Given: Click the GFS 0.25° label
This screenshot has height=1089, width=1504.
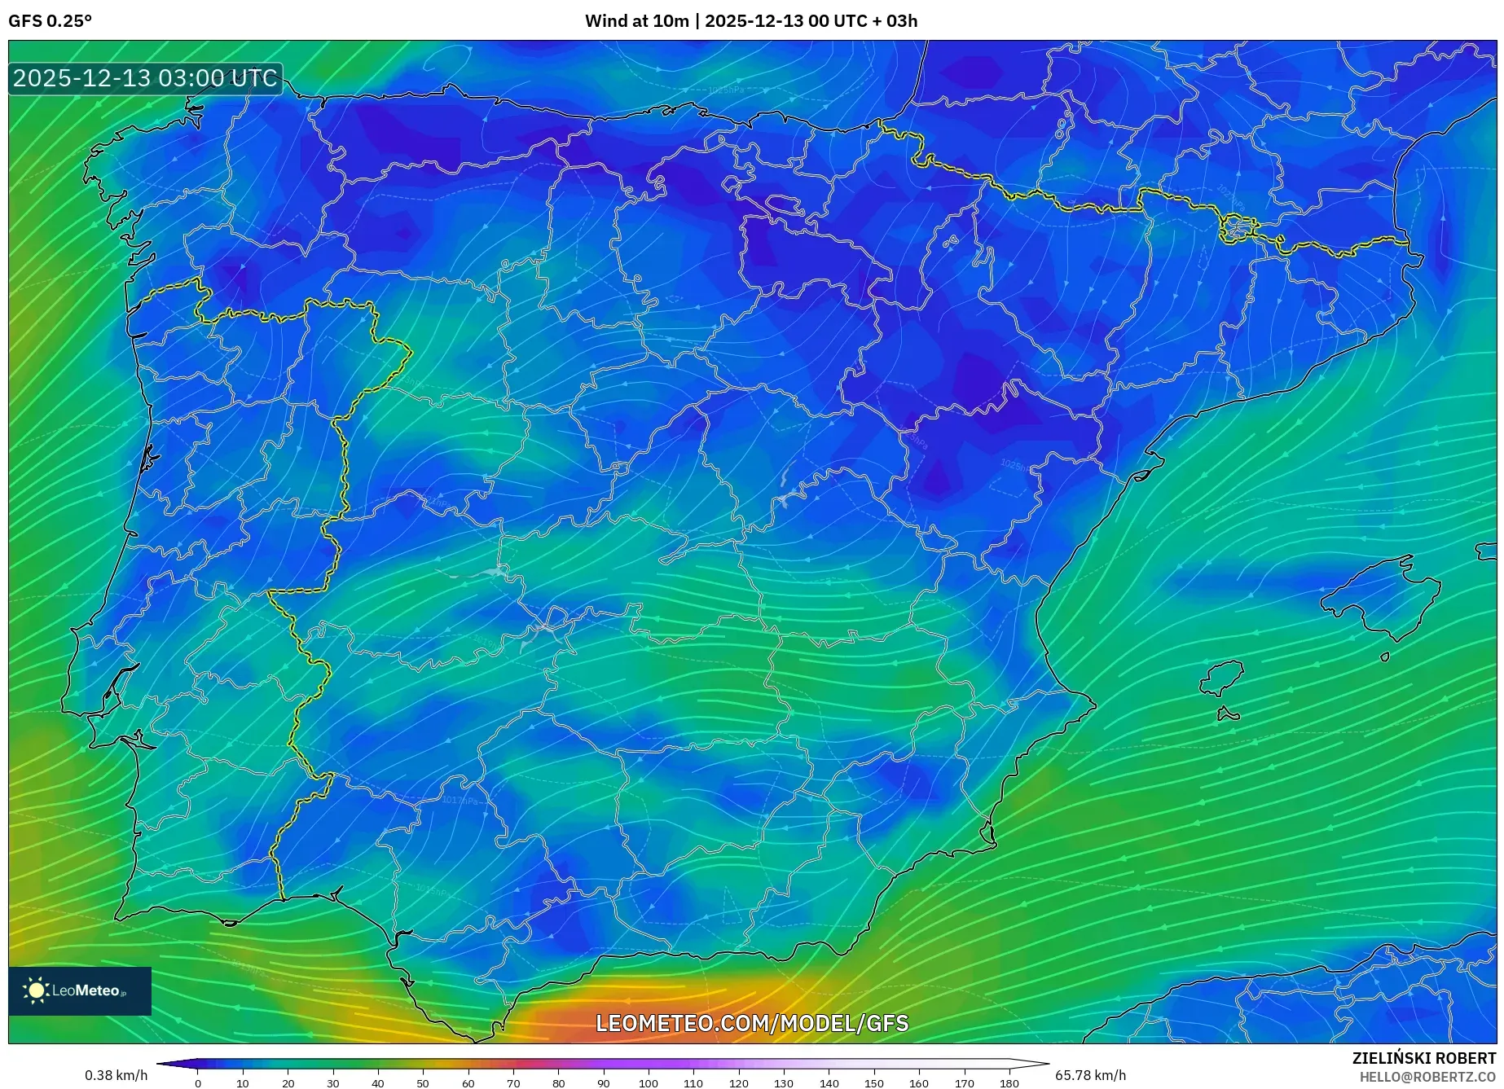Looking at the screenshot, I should (x=50, y=21).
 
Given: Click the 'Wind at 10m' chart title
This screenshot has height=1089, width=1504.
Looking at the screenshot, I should (x=750, y=21).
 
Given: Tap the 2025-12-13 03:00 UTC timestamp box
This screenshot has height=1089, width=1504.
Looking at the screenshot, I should (x=145, y=79).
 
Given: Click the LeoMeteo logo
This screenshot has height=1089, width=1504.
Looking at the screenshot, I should (x=80, y=990).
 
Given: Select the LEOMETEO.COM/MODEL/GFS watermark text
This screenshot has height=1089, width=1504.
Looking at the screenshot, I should (x=751, y=1023).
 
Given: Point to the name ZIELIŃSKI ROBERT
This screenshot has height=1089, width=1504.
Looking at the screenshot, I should (x=1423, y=1058).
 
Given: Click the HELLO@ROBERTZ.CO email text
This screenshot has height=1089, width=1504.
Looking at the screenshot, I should (x=1427, y=1077).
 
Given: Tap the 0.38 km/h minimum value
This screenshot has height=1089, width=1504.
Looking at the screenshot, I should (x=116, y=1075).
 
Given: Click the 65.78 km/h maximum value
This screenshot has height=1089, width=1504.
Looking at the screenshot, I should (x=1090, y=1075).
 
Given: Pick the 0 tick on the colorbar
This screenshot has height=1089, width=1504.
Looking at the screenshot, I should (x=197, y=1083).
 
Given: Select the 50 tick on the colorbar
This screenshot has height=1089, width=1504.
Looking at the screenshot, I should (x=423, y=1083).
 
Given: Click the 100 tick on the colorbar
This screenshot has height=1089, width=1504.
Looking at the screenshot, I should (x=649, y=1083).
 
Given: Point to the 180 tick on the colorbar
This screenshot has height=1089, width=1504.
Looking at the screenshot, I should (x=1009, y=1083).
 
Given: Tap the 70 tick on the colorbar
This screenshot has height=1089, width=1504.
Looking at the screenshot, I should (x=513, y=1083).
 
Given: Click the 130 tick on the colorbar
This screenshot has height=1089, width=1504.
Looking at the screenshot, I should (x=784, y=1083).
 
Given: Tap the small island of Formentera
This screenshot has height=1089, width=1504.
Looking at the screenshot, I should (x=1228, y=715).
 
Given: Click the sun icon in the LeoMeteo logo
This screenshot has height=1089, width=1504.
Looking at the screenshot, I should (x=36, y=990).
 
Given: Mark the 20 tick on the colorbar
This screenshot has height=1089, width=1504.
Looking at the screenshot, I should (x=288, y=1083).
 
